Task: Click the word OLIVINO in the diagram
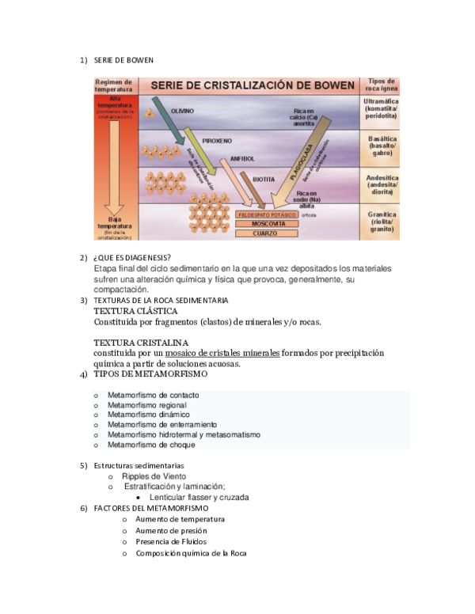pyautogui.click(x=183, y=111)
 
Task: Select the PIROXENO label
pyautogui.click(x=217, y=141)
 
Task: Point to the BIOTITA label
pyautogui.click(x=264, y=180)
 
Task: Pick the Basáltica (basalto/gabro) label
pyautogui.click(x=380, y=146)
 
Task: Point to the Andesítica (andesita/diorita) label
pyautogui.click(x=380, y=184)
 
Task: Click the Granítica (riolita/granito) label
pyautogui.click(x=380, y=222)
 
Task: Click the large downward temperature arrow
pyautogui.click(x=115, y=162)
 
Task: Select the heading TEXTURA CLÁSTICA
pyautogui.click(x=135, y=311)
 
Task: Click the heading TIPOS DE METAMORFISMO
pyautogui.click(x=150, y=373)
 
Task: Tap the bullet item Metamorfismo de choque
pyautogui.click(x=151, y=445)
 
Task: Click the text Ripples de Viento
pyautogui.click(x=154, y=476)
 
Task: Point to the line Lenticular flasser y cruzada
pyautogui.click(x=199, y=498)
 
